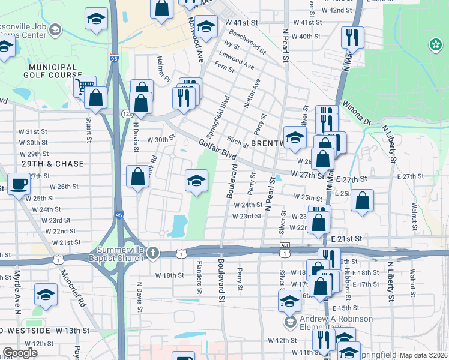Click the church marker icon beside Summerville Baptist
coord(153,253)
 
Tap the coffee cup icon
coord(19,184)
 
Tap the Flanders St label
coord(198,273)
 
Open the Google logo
coord(20,353)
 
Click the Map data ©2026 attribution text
coord(423,355)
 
